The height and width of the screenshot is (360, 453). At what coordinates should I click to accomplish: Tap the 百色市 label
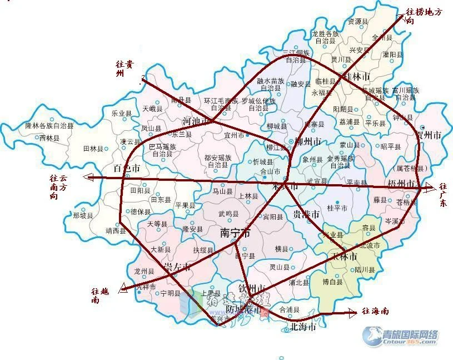[127, 168]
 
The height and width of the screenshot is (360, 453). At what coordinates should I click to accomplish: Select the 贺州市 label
[429, 135]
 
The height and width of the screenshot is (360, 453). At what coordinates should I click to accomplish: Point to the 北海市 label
[303, 327]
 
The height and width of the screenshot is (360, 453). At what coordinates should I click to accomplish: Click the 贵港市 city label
[306, 215]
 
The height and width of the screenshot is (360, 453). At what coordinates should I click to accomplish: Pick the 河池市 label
[196, 121]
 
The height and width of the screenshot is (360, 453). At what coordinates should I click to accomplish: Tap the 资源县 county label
[358, 22]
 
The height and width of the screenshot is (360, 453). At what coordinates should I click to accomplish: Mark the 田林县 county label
[94, 149]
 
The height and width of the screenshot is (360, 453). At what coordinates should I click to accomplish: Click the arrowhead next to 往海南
[353, 313]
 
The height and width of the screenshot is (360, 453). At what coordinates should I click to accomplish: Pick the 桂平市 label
[337, 208]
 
